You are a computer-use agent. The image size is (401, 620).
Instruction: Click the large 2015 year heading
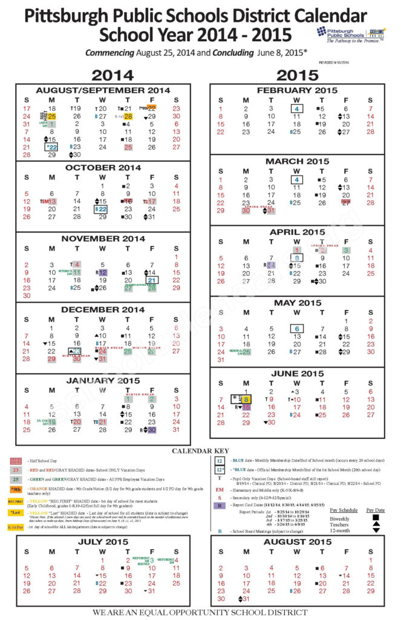pos(296,75)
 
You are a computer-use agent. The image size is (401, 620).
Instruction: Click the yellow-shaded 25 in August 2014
pos(52,116)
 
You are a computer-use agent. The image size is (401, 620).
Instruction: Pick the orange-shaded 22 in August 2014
pos(152,108)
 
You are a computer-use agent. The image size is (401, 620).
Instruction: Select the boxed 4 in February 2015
pos(296,108)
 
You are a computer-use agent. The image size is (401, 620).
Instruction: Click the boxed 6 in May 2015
pos(296,329)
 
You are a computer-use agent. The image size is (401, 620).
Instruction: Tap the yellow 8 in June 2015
pos(247,400)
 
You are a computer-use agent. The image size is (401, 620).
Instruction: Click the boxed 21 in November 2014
pos(152,280)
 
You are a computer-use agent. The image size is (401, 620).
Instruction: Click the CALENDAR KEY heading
pos(200,451)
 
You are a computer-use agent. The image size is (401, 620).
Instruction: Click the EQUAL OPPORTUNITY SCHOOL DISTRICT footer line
pos(200,612)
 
